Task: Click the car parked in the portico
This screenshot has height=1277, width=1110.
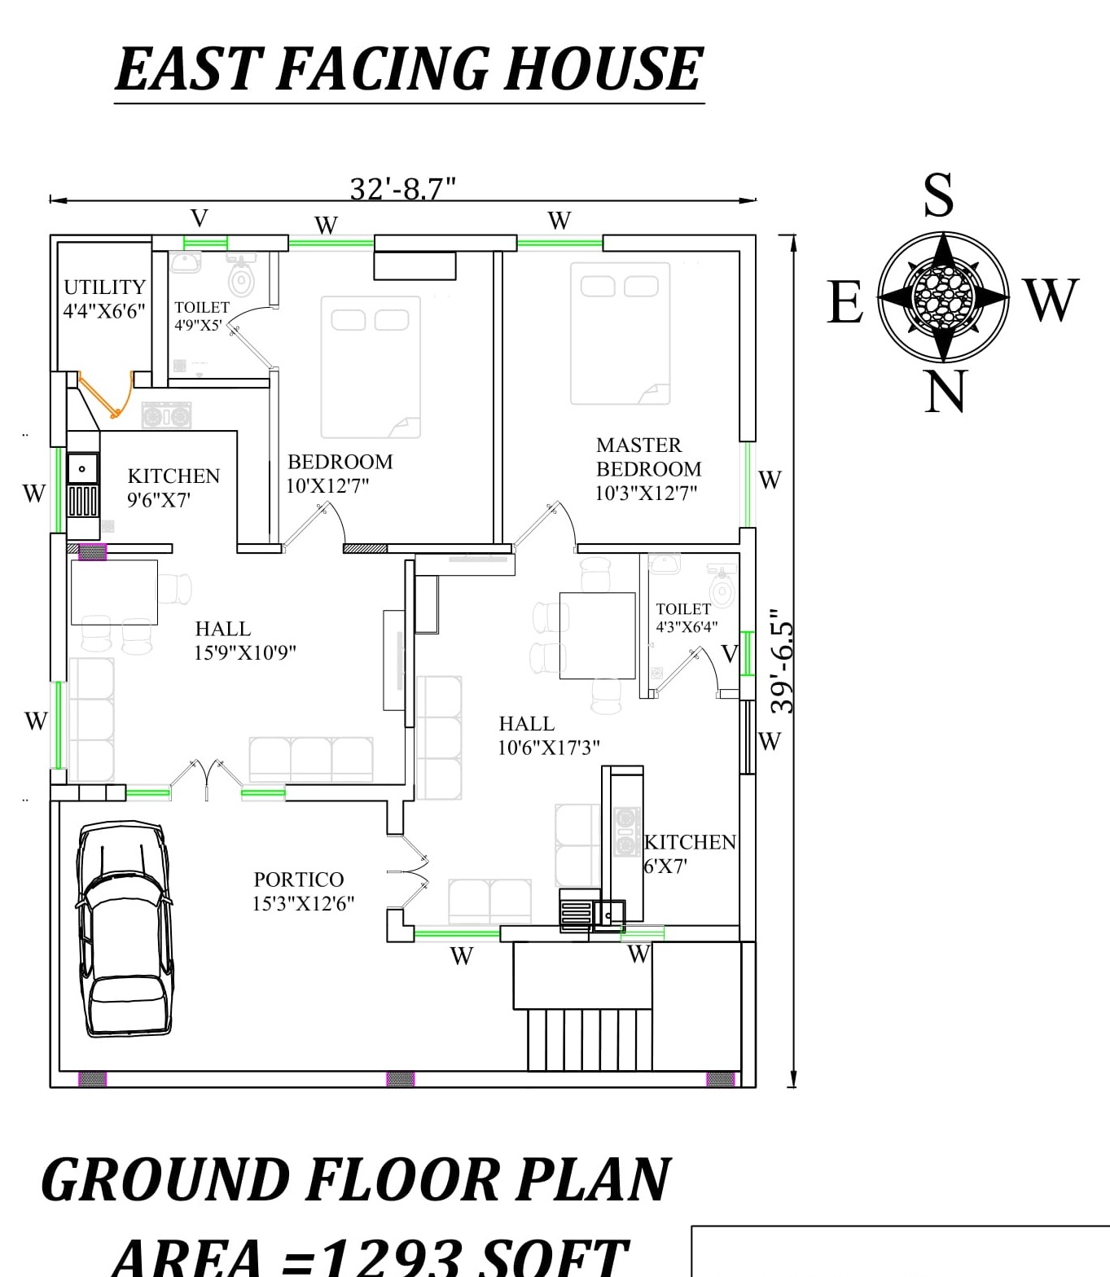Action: point(125,928)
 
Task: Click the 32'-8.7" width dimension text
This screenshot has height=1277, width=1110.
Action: point(402,189)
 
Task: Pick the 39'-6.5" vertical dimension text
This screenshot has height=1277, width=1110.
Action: point(782,661)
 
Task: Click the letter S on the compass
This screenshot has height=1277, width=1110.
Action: point(938,195)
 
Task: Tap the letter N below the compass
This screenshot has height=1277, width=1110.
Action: point(945,392)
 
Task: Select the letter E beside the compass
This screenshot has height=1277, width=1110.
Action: point(845,302)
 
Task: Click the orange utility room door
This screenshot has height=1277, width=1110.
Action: point(106,397)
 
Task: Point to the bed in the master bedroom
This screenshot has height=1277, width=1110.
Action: point(620,333)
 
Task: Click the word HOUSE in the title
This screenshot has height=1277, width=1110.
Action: point(602,69)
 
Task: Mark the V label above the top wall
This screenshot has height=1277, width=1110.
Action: point(200,218)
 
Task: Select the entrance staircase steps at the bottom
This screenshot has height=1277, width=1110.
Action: point(590,1039)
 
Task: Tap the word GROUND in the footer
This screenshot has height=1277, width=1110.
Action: point(164,1180)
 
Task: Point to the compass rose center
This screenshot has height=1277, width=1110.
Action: point(943,296)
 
